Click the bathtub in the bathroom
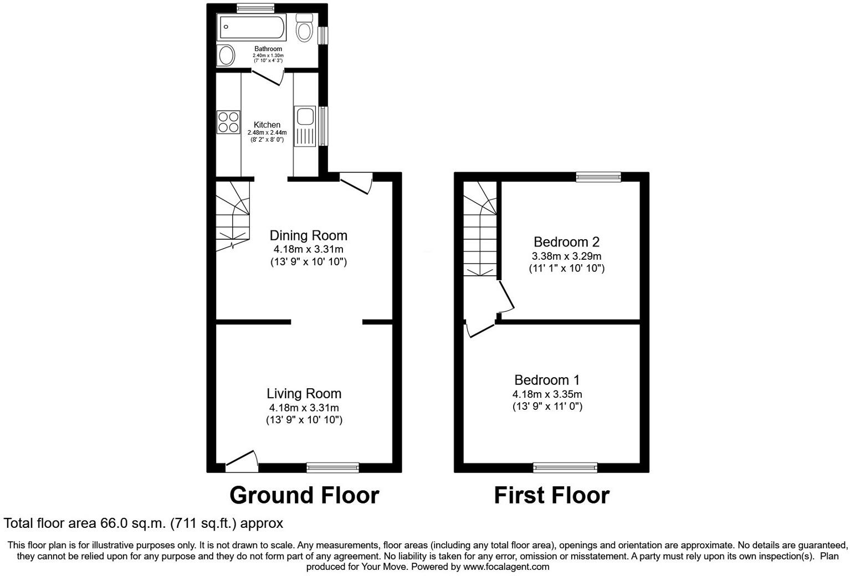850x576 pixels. [x=251, y=27]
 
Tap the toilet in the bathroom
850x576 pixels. [x=304, y=28]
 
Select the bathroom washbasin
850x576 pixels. [x=226, y=56]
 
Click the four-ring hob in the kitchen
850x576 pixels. [x=228, y=122]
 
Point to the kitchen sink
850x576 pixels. [x=305, y=126]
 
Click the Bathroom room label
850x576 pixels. [x=268, y=49]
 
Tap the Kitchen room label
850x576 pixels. [x=267, y=125]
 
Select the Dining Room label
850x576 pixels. [x=309, y=235]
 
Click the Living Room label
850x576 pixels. [x=304, y=394]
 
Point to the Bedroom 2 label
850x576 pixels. [x=566, y=242]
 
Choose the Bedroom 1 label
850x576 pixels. [x=547, y=380]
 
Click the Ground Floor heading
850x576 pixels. [x=304, y=496]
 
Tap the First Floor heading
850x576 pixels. [x=552, y=496]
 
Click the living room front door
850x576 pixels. [x=242, y=462]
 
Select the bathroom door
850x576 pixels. [x=268, y=78]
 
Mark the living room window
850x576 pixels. [x=333, y=467]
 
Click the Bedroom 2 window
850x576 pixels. [x=598, y=177]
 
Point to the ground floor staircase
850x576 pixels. [x=233, y=216]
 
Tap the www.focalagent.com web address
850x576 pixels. [x=506, y=567]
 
